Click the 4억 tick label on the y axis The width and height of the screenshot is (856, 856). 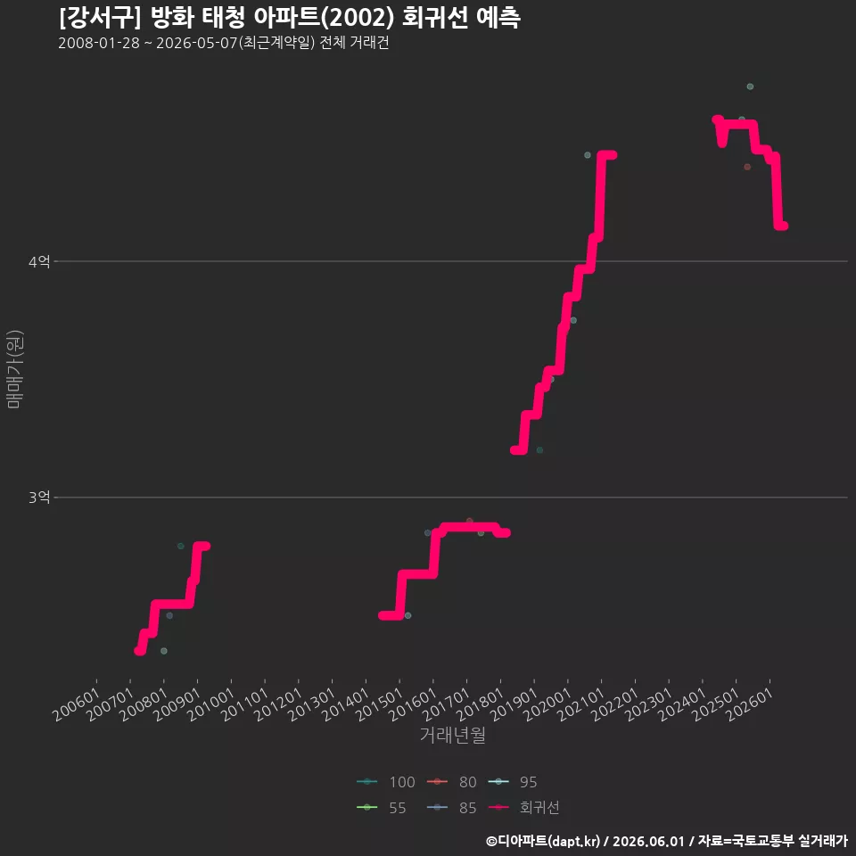[x=39, y=261]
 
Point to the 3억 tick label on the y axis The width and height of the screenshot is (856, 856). [x=39, y=498]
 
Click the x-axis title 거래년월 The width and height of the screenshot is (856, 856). [x=453, y=735]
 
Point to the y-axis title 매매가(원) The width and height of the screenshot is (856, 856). [x=14, y=369]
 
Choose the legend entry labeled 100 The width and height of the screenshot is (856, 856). [x=386, y=782]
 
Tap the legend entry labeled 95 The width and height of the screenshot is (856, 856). [x=512, y=782]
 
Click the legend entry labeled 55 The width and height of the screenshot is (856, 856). [x=381, y=808]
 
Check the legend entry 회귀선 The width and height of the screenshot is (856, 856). [x=523, y=808]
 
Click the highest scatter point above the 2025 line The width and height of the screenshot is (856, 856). [x=750, y=86]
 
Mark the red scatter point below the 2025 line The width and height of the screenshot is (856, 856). [x=747, y=167]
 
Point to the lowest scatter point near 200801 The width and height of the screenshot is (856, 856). [x=164, y=651]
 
